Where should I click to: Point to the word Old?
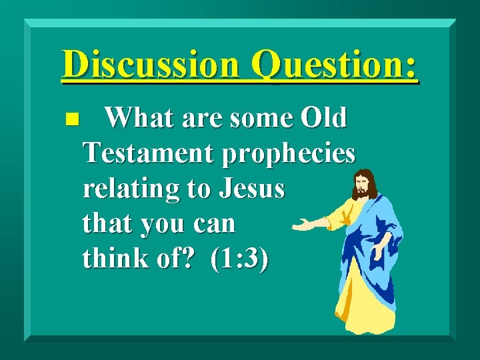pos(323,119)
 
